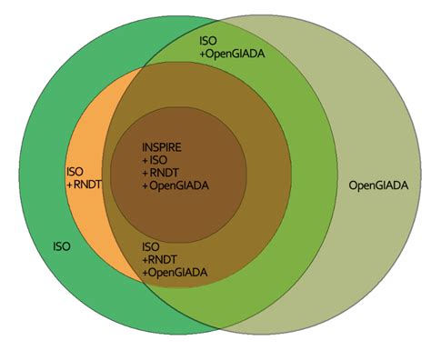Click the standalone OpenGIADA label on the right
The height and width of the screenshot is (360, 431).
click(378, 185)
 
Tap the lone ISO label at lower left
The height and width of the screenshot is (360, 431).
click(61, 245)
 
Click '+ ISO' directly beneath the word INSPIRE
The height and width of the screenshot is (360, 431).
click(156, 160)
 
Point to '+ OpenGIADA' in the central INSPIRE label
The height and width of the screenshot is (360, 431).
click(175, 185)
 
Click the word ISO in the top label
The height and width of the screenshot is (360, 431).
click(208, 41)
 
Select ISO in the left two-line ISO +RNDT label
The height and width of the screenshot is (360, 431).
click(75, 171)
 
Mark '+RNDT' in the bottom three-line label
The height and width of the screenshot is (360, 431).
click(159, 259)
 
